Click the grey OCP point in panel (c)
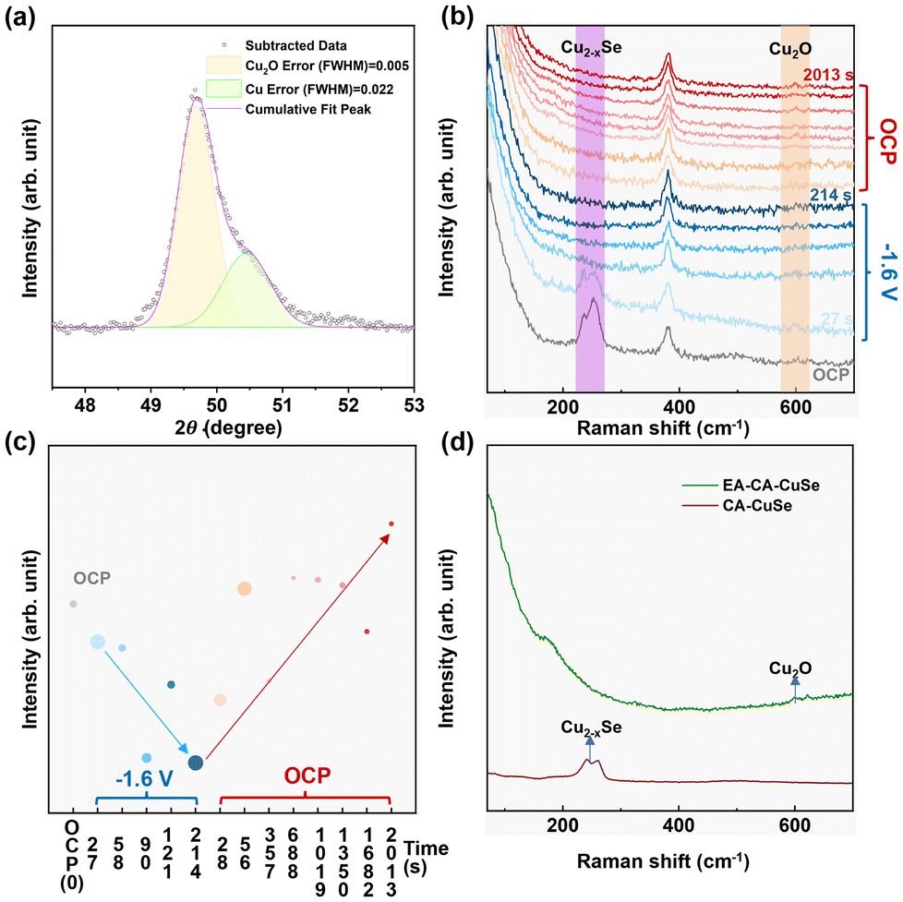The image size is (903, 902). pyautogui.click(x=73, y=604)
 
